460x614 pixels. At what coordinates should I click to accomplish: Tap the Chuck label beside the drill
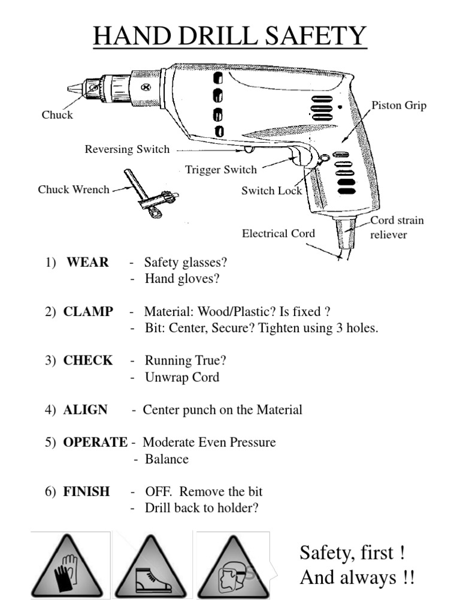(x=57, y=115)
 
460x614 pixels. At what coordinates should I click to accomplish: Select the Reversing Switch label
(x=127, y=149)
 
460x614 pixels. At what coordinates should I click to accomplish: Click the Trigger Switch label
(x=220, y=170)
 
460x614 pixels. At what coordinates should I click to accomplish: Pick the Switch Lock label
(x=271, y=191)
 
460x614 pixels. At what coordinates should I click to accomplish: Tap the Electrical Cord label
(x=278, y=233)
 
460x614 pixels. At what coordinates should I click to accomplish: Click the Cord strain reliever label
(x=397, y=227)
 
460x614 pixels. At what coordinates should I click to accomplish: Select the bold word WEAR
(x=87, y=263)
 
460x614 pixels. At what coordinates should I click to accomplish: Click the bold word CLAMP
(x=87, y=312)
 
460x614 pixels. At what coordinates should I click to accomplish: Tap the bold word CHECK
(x=87, y=361)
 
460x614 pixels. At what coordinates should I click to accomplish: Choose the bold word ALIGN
(x=85, y=410)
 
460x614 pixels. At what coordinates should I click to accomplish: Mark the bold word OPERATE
(x=95, y=443)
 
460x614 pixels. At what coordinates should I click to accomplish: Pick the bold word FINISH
(x=86, y=492)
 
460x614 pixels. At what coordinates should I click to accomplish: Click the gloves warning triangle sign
(x=71, y=567)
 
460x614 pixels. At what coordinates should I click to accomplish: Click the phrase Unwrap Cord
(x=181, y=377)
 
